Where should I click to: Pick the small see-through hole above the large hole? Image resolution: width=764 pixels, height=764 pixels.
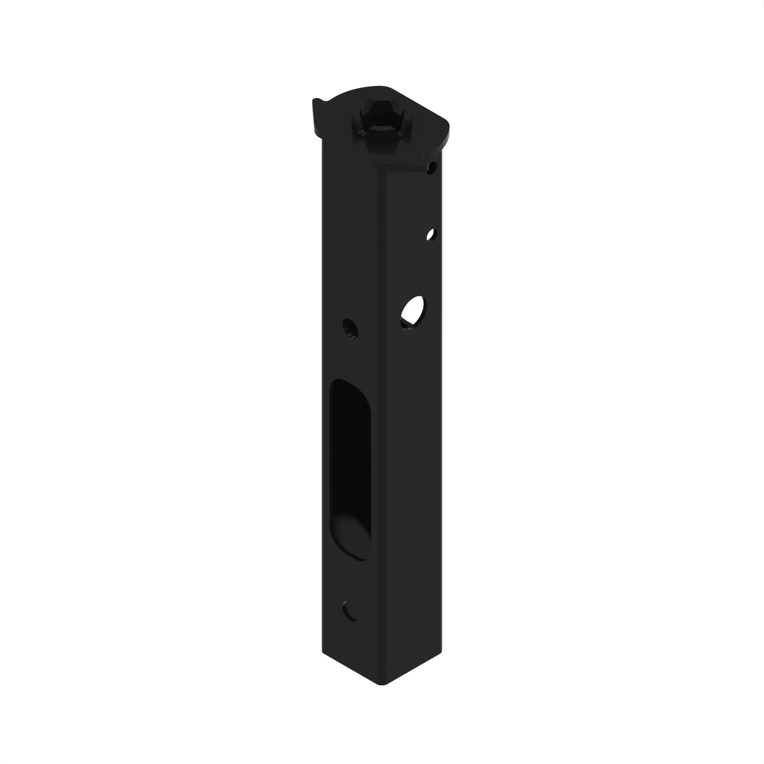pos(431,235)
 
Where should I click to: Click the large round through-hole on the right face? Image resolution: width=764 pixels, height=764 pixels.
pos(413,312)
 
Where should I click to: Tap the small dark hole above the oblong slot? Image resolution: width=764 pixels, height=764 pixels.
pos(350,328)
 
